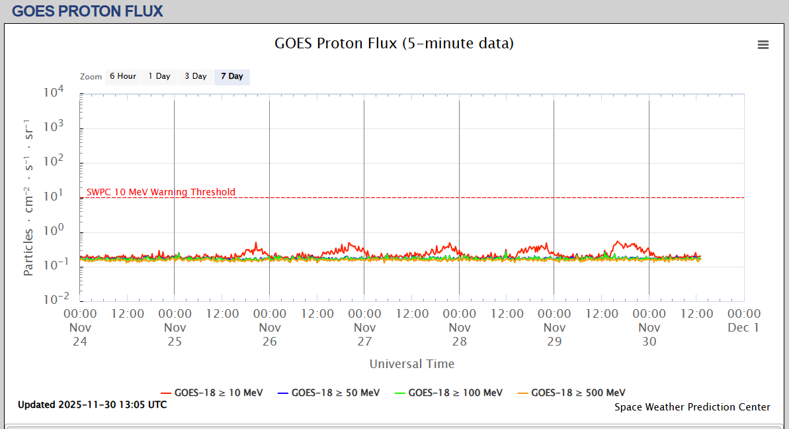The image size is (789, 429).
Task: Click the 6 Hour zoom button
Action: click(123, 77)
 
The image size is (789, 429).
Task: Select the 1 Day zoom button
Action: click(159, 77)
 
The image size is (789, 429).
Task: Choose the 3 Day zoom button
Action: click(196, 77)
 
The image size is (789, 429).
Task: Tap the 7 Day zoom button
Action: click(232, 77)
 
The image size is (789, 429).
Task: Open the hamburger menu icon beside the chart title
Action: click(763, 44)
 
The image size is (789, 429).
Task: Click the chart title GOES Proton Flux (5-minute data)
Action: click(394, 44)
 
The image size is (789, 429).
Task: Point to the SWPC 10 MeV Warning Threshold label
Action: click(161, 193)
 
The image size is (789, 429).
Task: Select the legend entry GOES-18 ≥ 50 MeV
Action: click(329, 393)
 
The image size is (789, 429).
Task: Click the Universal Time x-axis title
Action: click(412, 363)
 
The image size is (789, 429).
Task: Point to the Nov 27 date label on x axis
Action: click(365, 334)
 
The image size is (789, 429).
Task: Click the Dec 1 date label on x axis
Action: click(744, 328)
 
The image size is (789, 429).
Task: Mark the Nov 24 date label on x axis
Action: click(81, 334)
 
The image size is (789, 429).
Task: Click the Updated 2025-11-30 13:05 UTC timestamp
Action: click(93, 405)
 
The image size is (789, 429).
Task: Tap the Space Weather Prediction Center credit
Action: click(692, 407)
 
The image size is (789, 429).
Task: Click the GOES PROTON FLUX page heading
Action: click(87, 11)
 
